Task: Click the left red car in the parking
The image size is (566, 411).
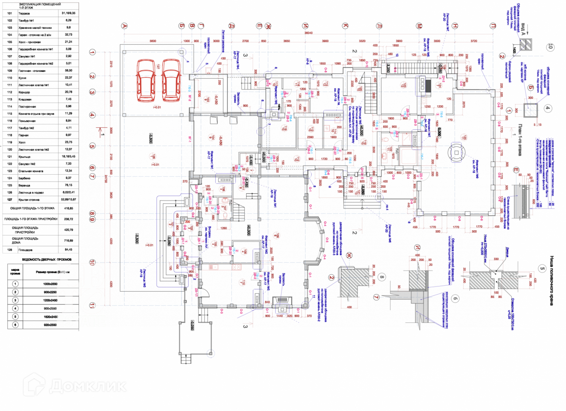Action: pos(146,80)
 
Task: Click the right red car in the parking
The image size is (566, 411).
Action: pos(171,80)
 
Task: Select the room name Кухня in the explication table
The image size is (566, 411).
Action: pos(22,78)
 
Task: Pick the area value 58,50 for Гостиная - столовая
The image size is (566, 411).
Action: pos(68,70)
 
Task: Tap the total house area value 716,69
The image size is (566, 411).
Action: pos(68,241)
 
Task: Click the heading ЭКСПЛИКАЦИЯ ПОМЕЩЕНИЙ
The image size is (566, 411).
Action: pos(40,4)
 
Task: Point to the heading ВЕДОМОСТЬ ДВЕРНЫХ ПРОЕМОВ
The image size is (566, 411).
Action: pos(46,260)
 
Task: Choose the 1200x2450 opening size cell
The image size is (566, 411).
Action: pos(50,300)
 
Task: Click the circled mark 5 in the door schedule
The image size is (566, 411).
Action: pos(15,317)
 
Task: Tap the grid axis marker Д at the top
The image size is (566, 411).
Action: pos(232,26)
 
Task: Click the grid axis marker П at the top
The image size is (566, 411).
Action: pos(493,26)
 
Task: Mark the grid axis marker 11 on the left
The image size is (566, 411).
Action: pos(92,305)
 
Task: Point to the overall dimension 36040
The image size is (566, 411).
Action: pos(308,33)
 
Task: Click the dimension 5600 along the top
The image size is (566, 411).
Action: pos(153,41)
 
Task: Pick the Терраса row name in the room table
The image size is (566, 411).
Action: pos(24,13)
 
